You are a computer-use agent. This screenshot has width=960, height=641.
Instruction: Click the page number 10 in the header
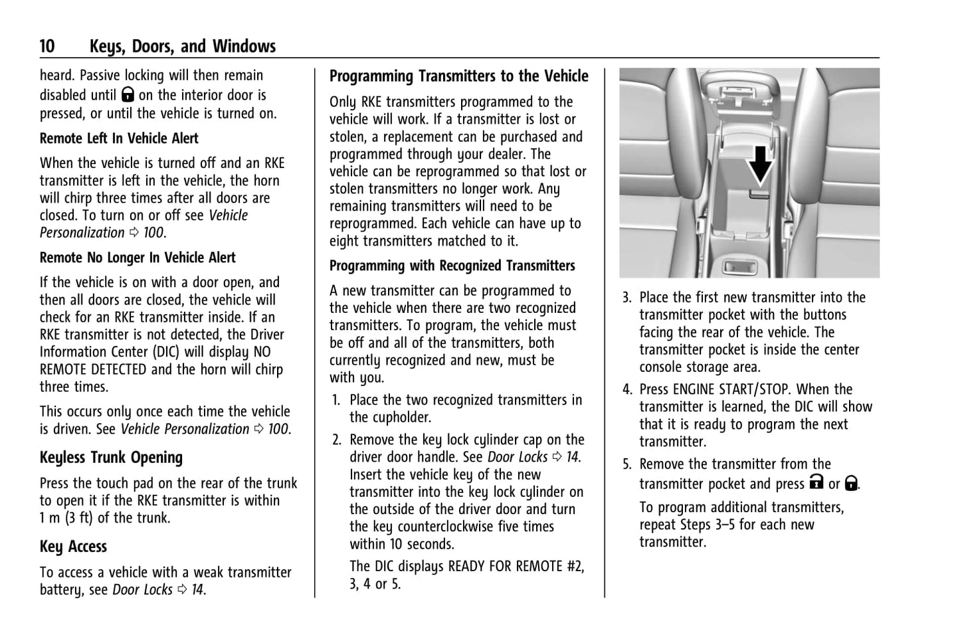pyautogui.click(x=47, y=46)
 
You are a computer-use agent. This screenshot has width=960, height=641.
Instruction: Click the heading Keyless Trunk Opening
pyautogui.click(x=111, y=458)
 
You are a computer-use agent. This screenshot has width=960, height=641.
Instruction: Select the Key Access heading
pyautogui.click(x=73, y=547)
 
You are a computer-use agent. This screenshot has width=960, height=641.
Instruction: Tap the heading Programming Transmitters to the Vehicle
pyautogui.click(x=458, y=76)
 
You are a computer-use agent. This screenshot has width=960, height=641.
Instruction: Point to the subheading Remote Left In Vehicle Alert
pyautogui.click(x=119, y=139)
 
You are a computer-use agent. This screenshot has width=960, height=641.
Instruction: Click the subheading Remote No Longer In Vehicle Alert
pyautogui.click(x=138, y=258)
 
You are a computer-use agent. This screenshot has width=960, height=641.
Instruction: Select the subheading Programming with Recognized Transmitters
pyautogui.click(x=452, y=266)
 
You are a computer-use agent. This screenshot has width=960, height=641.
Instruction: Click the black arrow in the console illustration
pyautogui.click(x=760, y=163)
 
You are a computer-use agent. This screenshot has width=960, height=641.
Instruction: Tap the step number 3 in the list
pyautogui.click(x=626, y=298)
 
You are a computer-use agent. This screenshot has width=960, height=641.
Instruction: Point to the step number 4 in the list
pyautogui.click(x=626, y=389)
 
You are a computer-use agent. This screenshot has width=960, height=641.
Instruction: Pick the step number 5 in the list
pyautogui.click(x=626, y=464)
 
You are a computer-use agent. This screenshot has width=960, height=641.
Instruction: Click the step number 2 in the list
pyautogui.click(x=336, y=440)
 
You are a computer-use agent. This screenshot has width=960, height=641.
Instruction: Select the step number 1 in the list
pyautogui.click(x=336, y=401)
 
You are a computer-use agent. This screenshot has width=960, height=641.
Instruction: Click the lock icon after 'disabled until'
pyautogui.click(x=128, y=96)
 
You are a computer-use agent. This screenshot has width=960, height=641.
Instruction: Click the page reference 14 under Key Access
pyautogui.click(x=197, y=590)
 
